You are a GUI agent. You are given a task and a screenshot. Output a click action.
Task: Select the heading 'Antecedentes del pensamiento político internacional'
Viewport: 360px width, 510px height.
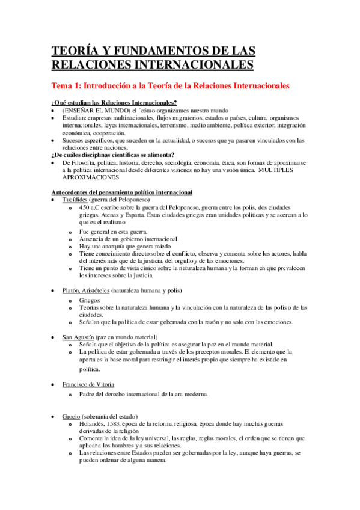click(x=122, y=192)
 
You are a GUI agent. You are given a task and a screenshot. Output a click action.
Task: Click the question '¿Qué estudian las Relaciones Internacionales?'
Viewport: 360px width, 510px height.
click(x=114, y=103)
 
